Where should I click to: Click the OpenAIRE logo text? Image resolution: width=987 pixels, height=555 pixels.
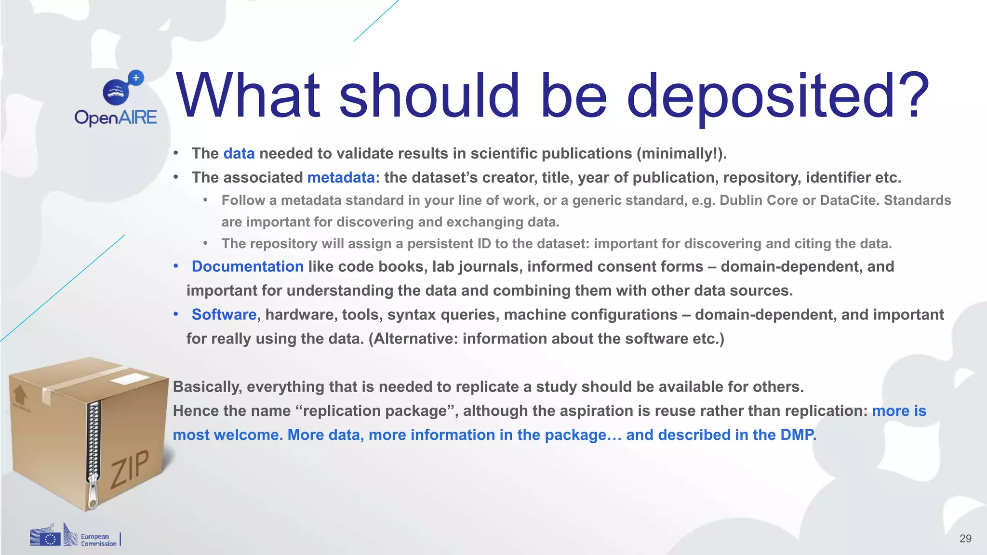point(116,118)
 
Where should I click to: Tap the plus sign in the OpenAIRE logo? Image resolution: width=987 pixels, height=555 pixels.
point(136,78)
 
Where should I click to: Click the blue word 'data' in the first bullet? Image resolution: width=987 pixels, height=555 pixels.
point(239,154)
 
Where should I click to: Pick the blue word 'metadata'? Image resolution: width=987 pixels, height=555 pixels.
point(341,178)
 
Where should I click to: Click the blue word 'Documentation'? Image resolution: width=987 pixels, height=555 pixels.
point(248,266)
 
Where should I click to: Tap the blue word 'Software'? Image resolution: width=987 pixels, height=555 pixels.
point(224,315)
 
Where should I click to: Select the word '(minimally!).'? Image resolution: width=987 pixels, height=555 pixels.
point(681,154)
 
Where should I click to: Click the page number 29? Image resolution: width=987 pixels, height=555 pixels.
point(965,539)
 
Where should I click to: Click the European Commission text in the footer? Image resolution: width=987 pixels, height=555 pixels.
point(98,540)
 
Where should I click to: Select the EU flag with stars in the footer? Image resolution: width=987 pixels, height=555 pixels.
point(50,539)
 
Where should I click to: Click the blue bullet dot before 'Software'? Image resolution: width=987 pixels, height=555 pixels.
point(176,314)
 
